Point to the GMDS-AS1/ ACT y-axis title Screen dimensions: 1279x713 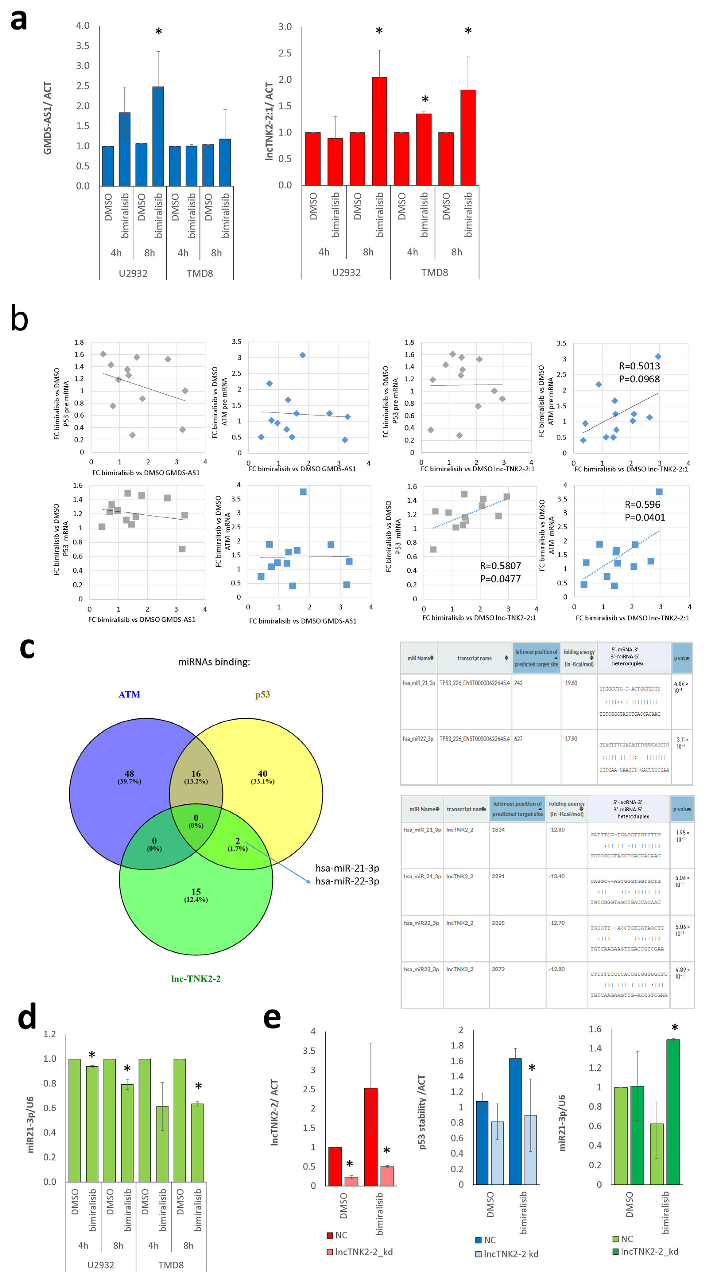point(48,118)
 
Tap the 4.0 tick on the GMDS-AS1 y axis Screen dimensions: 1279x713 point(82,26)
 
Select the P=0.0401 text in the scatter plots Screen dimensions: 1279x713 point(645,517)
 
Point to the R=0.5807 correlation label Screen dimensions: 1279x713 point(500,566)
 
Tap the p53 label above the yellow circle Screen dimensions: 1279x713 point(263,694)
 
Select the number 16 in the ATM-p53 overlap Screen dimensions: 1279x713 point(196,774)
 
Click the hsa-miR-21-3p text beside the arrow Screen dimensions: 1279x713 point(347,868)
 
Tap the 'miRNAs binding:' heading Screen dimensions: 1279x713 point(214,662)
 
